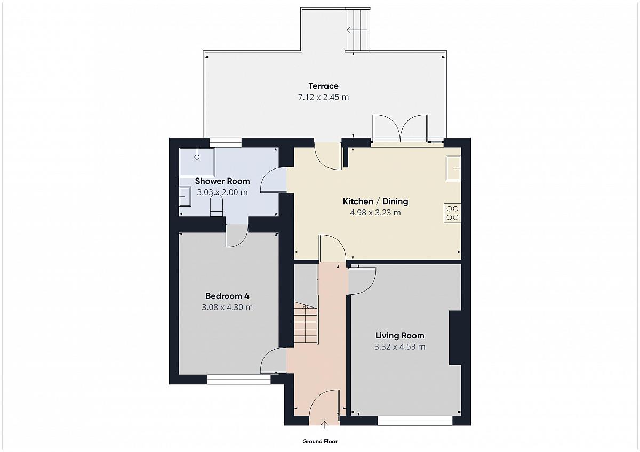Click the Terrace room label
click(x=323, y=86)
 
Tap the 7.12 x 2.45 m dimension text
click(x=323, y=98)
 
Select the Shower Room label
click(x=222, y=181)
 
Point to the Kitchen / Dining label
click(x=375, y=201)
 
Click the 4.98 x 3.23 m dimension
click(x=375, y=213)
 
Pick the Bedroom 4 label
click(x=227, y=296)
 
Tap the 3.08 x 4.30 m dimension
click(x=227, y=308)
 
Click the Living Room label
click(x=400, y=335)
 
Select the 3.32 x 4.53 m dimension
click(x=400, y=347)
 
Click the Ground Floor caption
click(x=320, y=442)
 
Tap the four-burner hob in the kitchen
click(x=452, y=213)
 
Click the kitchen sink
click(x=453, y=168)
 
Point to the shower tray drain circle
click(x=197, y=157)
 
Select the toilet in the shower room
click(x=217, y=206)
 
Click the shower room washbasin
click(x=185, y=197)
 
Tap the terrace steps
click(x=357, y=29)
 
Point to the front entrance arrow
click(x=324, y=425)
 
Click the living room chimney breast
click(x=455, y=338)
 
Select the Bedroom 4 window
click(x=239, y=380)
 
